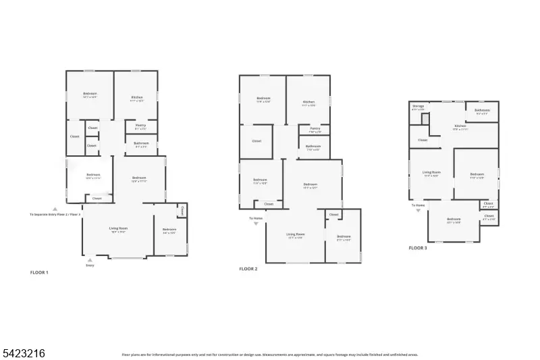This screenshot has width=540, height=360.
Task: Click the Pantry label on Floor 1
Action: (x=141, y=125)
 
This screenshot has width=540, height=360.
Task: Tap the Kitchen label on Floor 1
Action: (x=137, y=98)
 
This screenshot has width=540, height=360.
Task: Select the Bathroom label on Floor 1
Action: (x=141, y=143)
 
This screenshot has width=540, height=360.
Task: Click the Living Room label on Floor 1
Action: (x=119, y=229)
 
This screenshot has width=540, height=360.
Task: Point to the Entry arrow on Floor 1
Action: (x=90, y=259)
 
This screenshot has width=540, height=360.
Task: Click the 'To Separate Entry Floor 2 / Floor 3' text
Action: (x=55, y=214)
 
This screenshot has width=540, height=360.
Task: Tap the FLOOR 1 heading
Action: (x=39, y=272)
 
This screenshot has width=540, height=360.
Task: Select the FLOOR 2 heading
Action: (x=248, y=269)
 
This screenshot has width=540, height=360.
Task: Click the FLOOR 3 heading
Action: (x=418, y=248)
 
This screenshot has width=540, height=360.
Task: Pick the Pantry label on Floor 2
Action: (x=315, y=128)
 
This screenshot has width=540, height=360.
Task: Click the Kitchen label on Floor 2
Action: (x=309, y=103)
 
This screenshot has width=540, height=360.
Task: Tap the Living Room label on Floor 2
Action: (x=295, y=236)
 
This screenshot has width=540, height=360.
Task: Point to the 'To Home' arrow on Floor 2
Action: (x=256, y=224)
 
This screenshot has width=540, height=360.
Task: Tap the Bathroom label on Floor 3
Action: (x=482, y=110)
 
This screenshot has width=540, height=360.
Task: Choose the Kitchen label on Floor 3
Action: (x=460, y=126)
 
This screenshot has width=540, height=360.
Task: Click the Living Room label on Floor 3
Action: (x=431, y=174)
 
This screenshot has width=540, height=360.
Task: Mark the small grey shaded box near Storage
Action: (x=425, y=119)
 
